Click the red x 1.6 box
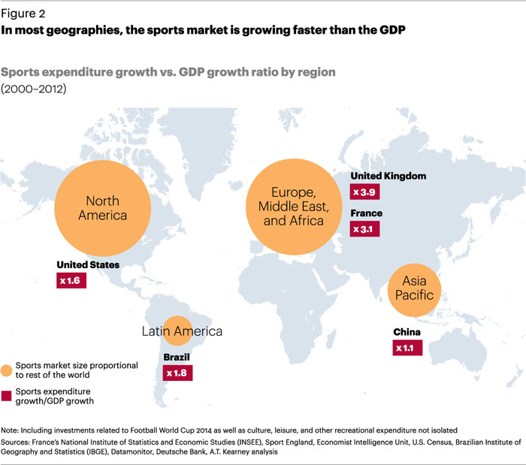point(73,280)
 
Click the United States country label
point(88,264)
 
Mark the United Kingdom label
point(388,176)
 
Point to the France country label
point(367,213)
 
